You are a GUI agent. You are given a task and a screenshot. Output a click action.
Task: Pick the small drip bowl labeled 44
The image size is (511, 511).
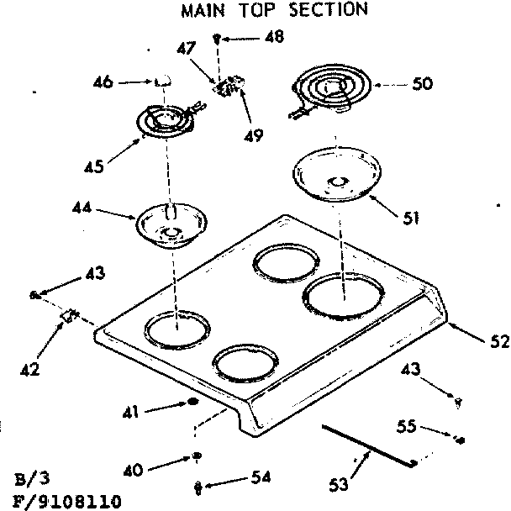tap(171, 225)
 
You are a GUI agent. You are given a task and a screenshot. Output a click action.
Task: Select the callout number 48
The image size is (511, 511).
tap(274, 37)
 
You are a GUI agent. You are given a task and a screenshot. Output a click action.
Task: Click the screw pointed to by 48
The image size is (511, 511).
tap(218, 38)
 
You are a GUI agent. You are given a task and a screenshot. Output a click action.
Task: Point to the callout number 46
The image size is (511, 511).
tap(104, 82)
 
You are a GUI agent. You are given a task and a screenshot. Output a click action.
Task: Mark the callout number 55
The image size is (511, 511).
tap(406, 426)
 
